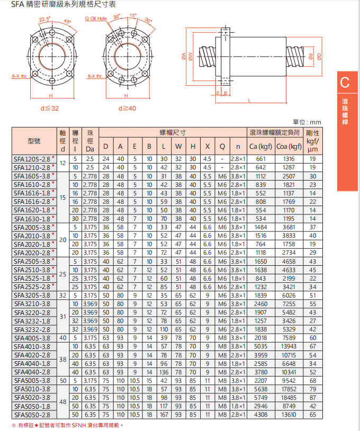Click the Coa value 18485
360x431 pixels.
(289, 397)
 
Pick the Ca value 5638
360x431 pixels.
(260, 389)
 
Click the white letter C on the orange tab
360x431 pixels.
(345, 83)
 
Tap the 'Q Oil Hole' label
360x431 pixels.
(96, 18)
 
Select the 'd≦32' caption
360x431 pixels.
(49, 109)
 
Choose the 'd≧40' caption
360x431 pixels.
(127, 109)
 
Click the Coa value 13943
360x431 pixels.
(289, 346)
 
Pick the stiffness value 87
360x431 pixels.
(312, 397)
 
